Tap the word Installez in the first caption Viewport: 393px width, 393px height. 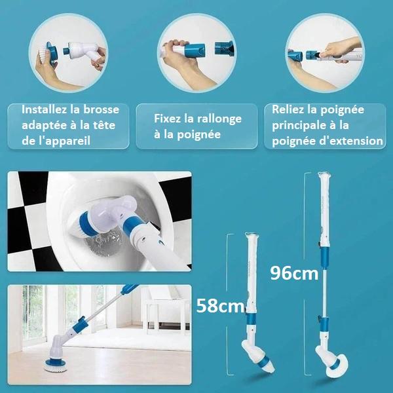(x=45, y=109)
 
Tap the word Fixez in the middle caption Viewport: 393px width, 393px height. (x=168, y=119)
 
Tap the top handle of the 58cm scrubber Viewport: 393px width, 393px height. (x=249, y=241)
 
